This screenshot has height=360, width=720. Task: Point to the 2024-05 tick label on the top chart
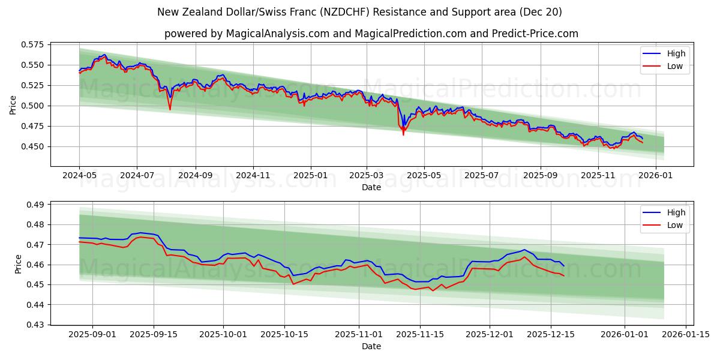coord(79,176)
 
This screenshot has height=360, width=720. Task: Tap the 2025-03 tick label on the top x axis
coord(367,176)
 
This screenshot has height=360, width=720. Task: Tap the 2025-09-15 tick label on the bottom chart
coord(154,335)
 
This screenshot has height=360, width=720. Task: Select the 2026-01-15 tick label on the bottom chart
coord(686,335)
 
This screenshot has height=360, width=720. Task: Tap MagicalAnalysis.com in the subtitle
coord(277,34)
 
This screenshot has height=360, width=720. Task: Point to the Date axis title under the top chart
coord(371,187)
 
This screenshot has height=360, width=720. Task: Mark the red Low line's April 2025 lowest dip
coord(403,135)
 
